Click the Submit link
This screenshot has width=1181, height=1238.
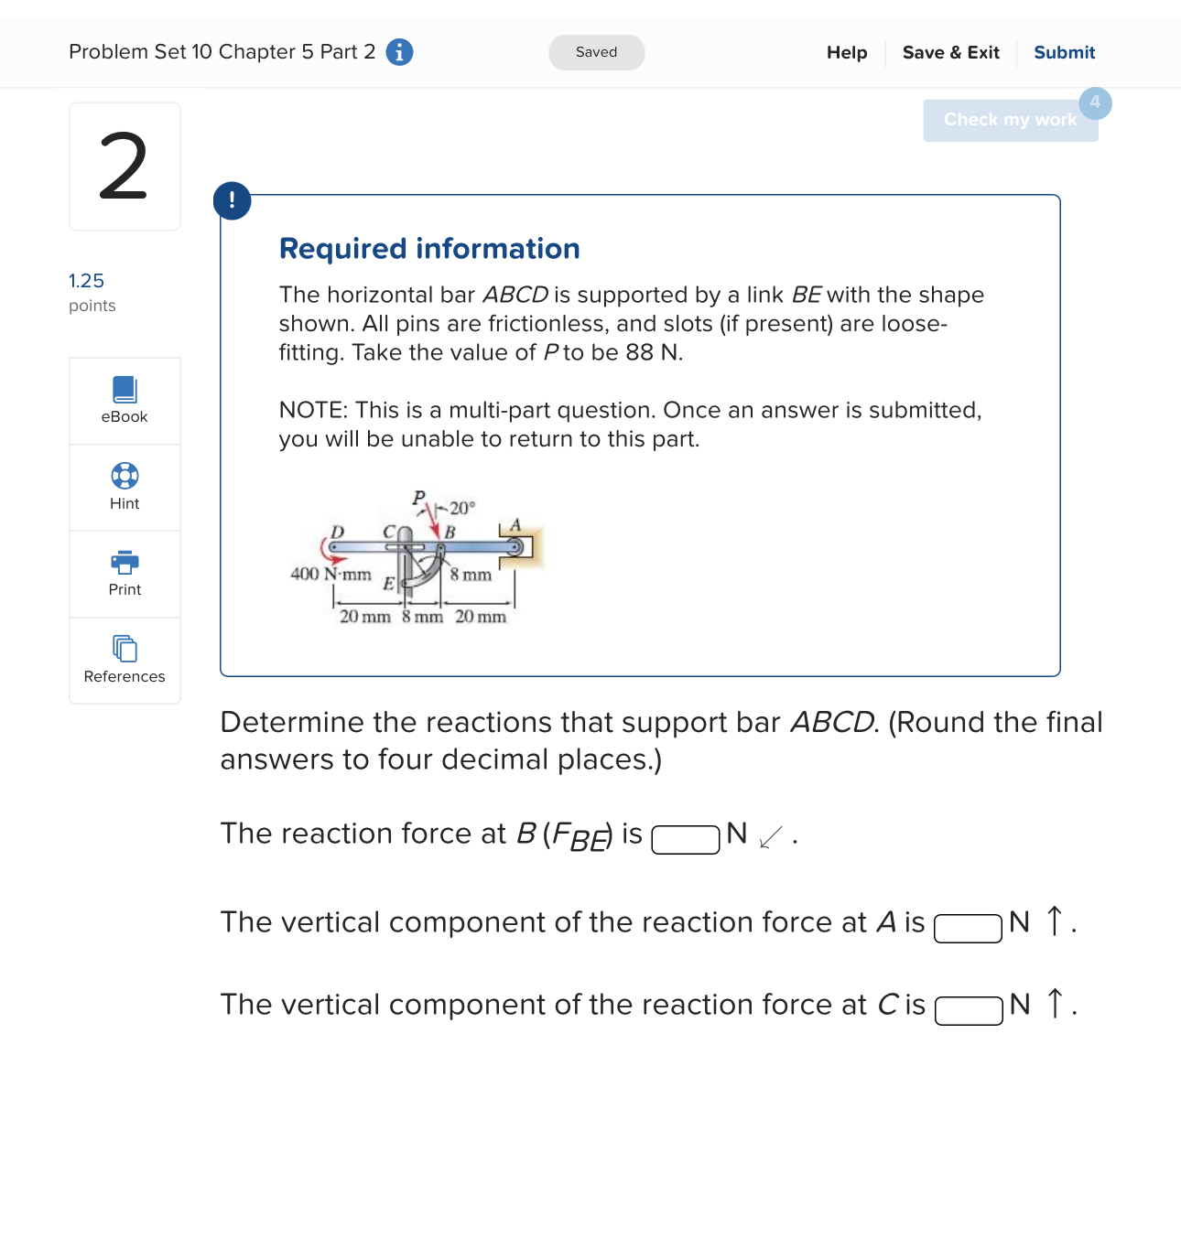click(x=1064, y=52)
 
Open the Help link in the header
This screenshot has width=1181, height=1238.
click(x=846, y=52)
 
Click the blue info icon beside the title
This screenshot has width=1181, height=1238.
click(x=399, y=52)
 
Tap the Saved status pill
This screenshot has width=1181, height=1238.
click(x=596, y=52)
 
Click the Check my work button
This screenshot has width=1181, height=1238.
click(x=1010, y=120)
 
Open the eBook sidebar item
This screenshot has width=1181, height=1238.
click(x=125, y=401)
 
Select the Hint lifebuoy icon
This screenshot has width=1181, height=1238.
click(x=125, y=477)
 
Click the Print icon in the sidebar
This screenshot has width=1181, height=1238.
click(x=125, y=562)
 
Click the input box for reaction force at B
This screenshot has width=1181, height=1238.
click(x=685, y=839)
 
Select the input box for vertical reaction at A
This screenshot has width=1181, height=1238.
click(x=968, y=928)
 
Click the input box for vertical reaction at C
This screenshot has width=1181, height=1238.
click(x=969, y=1010)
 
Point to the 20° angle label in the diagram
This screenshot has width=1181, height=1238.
click(x=462, y=508)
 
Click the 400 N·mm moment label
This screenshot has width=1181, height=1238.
click(x=330, y=574)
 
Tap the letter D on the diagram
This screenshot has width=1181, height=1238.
click(x=337, y=532)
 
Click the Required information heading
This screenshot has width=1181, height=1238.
click(x=429, y=249)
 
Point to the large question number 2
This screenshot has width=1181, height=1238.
click(x=124, y=167)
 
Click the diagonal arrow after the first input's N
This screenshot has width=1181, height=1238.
click(x=771, y=836)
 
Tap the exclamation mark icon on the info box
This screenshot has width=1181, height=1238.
click(x=232, y=200)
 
